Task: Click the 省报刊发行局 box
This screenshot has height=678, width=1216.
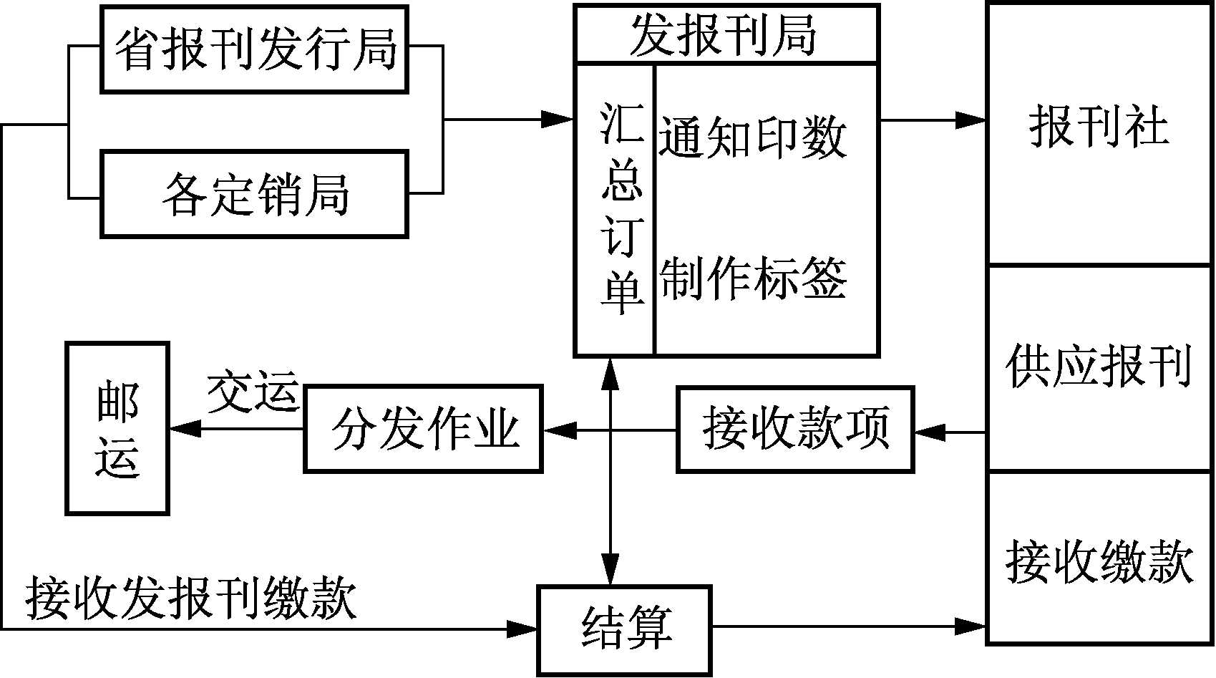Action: click(254, 49)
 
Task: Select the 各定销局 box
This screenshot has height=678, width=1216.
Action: click(254, 194)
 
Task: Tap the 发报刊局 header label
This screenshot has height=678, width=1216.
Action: click(724, 34)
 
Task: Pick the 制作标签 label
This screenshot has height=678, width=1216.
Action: click(752, 279)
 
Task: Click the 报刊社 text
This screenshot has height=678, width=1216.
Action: click(1099, 127)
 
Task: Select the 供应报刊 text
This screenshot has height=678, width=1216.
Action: click(1099, 367)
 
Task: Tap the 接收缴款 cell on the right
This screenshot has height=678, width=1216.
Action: click(1099, 561)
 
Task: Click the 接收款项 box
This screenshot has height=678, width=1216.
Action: click(795, 430)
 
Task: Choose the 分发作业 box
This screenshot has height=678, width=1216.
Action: click(424, 430)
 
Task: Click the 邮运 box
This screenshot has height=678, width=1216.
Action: click(117, 429)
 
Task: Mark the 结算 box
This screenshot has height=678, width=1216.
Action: click(625, 629)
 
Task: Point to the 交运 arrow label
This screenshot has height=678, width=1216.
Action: click(252, 392)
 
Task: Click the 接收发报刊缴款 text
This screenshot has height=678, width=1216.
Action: click(191, 598)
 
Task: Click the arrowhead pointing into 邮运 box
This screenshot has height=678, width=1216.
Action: click(183, 429)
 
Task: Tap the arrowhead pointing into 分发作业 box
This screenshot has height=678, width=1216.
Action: click(558, 430)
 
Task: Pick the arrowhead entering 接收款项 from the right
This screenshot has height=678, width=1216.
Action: click(929, 432)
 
